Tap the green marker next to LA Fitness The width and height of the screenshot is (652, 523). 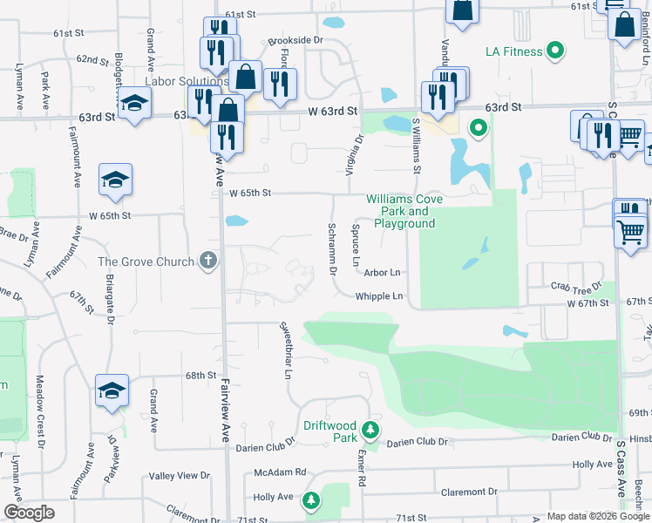(x=554, y=51)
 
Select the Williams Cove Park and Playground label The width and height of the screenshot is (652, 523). (x=404, y=212)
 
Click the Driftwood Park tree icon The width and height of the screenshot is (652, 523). (x=370, y=430)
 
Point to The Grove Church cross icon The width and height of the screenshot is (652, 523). (x=207, y=261)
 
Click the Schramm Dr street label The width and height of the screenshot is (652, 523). (x=332, y=248)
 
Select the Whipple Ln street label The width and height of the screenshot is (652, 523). (x=379, y=296)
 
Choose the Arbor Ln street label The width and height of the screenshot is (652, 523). (x=382, y=273)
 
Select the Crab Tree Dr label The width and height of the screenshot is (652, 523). (x=576, y=286)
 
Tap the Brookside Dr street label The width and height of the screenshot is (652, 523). (x=295, y=40)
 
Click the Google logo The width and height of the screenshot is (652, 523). (x=30, y=513)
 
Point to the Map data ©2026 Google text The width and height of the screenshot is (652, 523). (x=597, y=516)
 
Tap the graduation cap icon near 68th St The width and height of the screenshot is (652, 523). (x=112, y=391)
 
